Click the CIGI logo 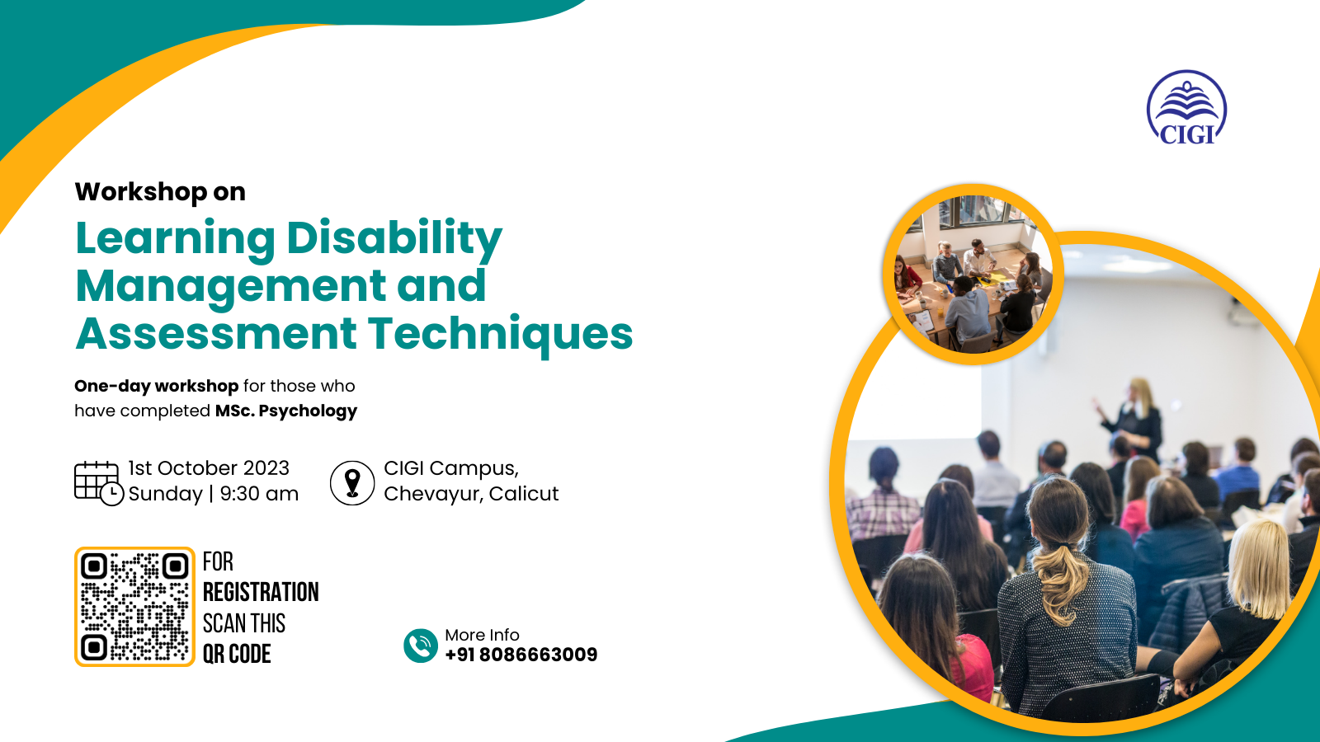coord(1186,108)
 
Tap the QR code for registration coord(134,607)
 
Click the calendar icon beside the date coord(98,483)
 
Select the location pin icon coord(352,483)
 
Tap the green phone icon coord(420,646)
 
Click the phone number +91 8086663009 coord(521,655)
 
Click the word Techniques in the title coord(500,335)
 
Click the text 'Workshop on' coord(160,192)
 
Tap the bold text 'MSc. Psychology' coord(285,411)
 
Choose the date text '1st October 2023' coord(209,468)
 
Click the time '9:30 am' coord(259,494)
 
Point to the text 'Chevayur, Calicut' coord(471,494)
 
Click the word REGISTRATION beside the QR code coord(261,593)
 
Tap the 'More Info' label coord(482,635)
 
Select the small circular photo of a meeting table coord(973,275)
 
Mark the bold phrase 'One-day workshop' coord(156,387)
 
